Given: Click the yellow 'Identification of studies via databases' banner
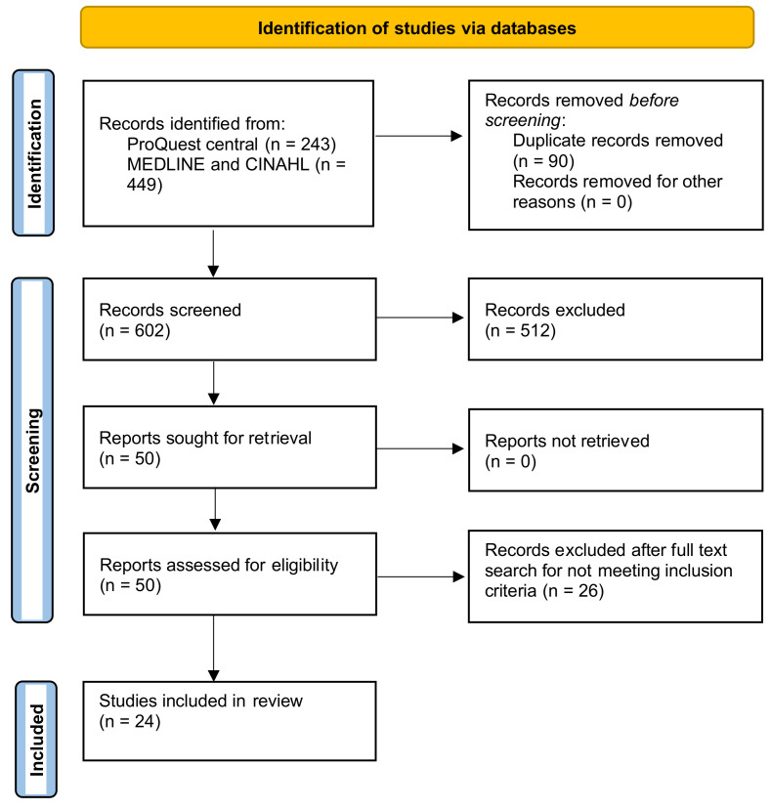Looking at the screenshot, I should pyautogui.click(x=417, y=27).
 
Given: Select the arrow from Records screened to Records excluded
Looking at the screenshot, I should pyautogui.click(x=421, y=318).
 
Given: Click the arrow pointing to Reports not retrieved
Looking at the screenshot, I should pyautogui.click(x=421, y=449).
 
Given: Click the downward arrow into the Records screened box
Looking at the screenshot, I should pyautogui.click(x=213, y=256).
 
